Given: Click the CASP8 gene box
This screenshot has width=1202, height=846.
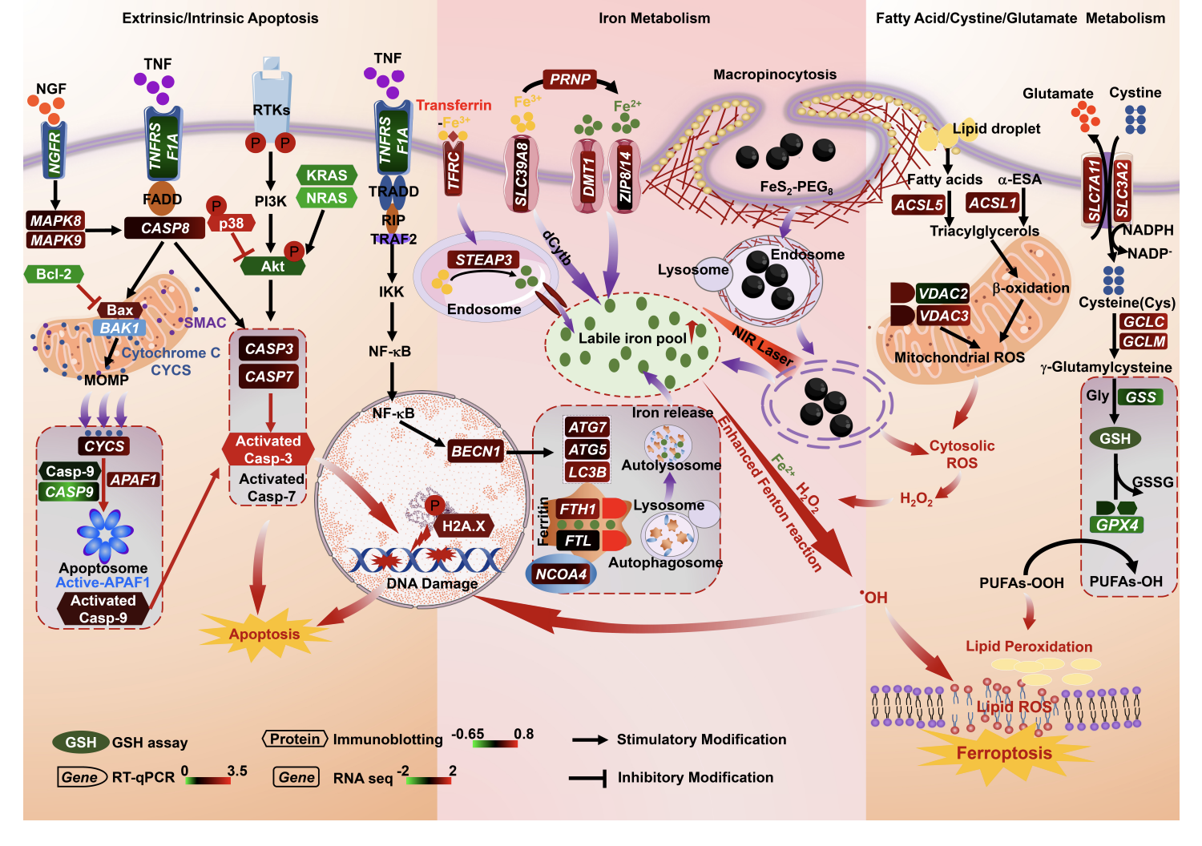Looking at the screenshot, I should click(x=165, y=228).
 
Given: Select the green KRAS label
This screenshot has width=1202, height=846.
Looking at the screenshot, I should click(x=326, y=175).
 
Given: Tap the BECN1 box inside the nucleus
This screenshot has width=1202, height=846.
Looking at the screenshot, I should click(x=476, y=451).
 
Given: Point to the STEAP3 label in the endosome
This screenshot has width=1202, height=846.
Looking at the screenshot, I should click(x=483, y=260).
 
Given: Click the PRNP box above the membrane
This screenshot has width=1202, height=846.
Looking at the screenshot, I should click(x=570, y=79).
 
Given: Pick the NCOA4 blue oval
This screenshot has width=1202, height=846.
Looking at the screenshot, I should click(x=561, y=574).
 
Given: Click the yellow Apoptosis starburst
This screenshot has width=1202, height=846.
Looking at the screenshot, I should click(x=264, y=634).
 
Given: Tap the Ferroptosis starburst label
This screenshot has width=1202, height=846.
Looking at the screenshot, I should click(x=1003, y=753).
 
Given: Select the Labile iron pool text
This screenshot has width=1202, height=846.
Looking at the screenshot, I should click(x=632, y=338).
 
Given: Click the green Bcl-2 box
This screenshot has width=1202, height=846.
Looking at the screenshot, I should click(x=54, y=274).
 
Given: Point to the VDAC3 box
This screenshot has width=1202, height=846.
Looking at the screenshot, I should click(x=943, y=316).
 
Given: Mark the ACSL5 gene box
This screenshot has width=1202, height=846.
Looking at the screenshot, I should click(x=918, y=205).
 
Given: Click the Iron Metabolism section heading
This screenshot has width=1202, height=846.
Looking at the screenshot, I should click(x=654, y=18).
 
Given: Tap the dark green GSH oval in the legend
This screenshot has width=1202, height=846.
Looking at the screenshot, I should click(x=80, y=743).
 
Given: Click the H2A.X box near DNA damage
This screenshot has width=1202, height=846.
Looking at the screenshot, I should click(x=464, y=526).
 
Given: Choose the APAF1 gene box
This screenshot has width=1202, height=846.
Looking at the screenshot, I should click(x=134, y=480).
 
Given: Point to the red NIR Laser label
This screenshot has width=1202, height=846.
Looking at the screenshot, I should click(x=763, y=344).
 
